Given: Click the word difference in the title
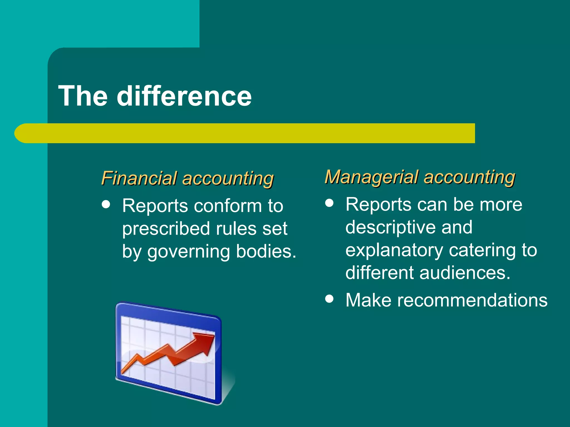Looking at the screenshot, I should click(184, 96).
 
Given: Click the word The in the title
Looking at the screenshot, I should click(83, 96).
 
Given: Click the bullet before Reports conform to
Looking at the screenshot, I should click(106, 205).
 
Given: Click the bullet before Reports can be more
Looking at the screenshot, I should click(329, 203).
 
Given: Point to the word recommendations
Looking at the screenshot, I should click(472, 300).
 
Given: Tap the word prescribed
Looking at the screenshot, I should click(166, 229).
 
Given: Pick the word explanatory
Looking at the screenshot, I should click(394, 250).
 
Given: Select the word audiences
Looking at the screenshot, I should click(465, 273).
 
